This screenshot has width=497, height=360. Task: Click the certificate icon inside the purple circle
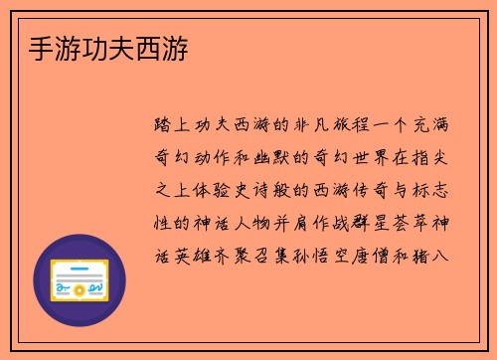coord(79,280)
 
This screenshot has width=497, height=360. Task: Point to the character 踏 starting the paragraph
coord(163,125)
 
